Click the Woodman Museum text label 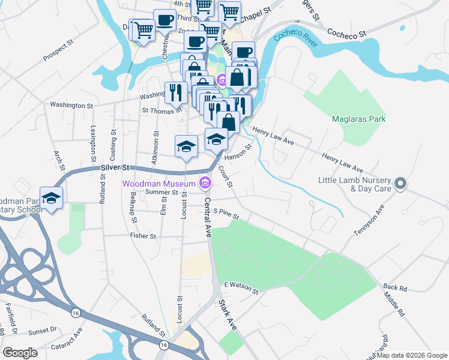point(159,183)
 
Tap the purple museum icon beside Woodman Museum point(205,182)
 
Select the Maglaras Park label point(358,119)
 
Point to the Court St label point(226,176)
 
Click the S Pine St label point(226,214)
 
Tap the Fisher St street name point(143,236)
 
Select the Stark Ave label point(228,314)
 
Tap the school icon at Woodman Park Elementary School point(52,198)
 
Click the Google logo point(20,353)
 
